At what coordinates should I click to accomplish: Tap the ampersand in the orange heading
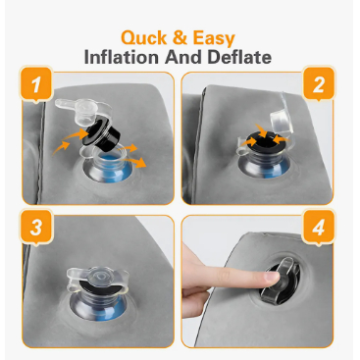pos(180,37)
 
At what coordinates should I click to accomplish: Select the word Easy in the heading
pos(214,39)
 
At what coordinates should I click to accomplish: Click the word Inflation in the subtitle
pos(122,57)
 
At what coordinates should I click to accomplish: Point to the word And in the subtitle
pos(183,57)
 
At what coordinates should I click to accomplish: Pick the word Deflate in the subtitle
pos(239,57)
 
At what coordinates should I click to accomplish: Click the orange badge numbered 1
pos(36,83)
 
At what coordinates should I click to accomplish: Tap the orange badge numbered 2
pos(319,83)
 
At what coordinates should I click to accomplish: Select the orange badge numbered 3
pos(36,227)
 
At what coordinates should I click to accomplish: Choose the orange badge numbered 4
pos(319,227)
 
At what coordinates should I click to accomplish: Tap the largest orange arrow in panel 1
pos(134,162)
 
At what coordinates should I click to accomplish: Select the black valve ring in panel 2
pos(264,142)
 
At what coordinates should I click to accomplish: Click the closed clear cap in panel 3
pos(97,278)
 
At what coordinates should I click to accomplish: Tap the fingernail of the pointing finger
pos(273,278)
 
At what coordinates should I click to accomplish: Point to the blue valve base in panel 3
pos(97,307)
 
